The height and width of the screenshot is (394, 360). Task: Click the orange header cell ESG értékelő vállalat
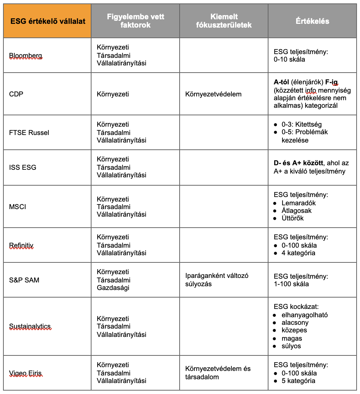pos(47,21)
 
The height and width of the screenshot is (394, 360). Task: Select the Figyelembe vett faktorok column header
pos(135,21)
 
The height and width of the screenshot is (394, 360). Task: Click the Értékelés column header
pos(312,21)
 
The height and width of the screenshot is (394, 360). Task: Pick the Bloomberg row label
pos(26,56)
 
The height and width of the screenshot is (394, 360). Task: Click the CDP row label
pos(16,94)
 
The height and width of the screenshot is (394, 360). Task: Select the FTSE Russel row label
pos(29,132)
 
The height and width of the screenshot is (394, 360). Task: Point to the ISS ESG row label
pos(23,167)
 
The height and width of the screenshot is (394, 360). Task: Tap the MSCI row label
pos(18,206)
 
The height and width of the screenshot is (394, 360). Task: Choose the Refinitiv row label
pos(22,245)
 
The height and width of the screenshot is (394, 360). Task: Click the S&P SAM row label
pos(24,280)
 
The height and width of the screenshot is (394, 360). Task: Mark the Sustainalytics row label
pos(30,326)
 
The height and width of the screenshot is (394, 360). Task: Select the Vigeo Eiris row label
pos(26,373)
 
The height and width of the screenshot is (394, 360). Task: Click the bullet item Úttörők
pos(292,218)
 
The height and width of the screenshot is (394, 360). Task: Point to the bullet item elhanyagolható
pos(304,315)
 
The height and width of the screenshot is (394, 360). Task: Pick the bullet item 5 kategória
pos(298,381)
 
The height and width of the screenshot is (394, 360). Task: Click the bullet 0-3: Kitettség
pos(301,124)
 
